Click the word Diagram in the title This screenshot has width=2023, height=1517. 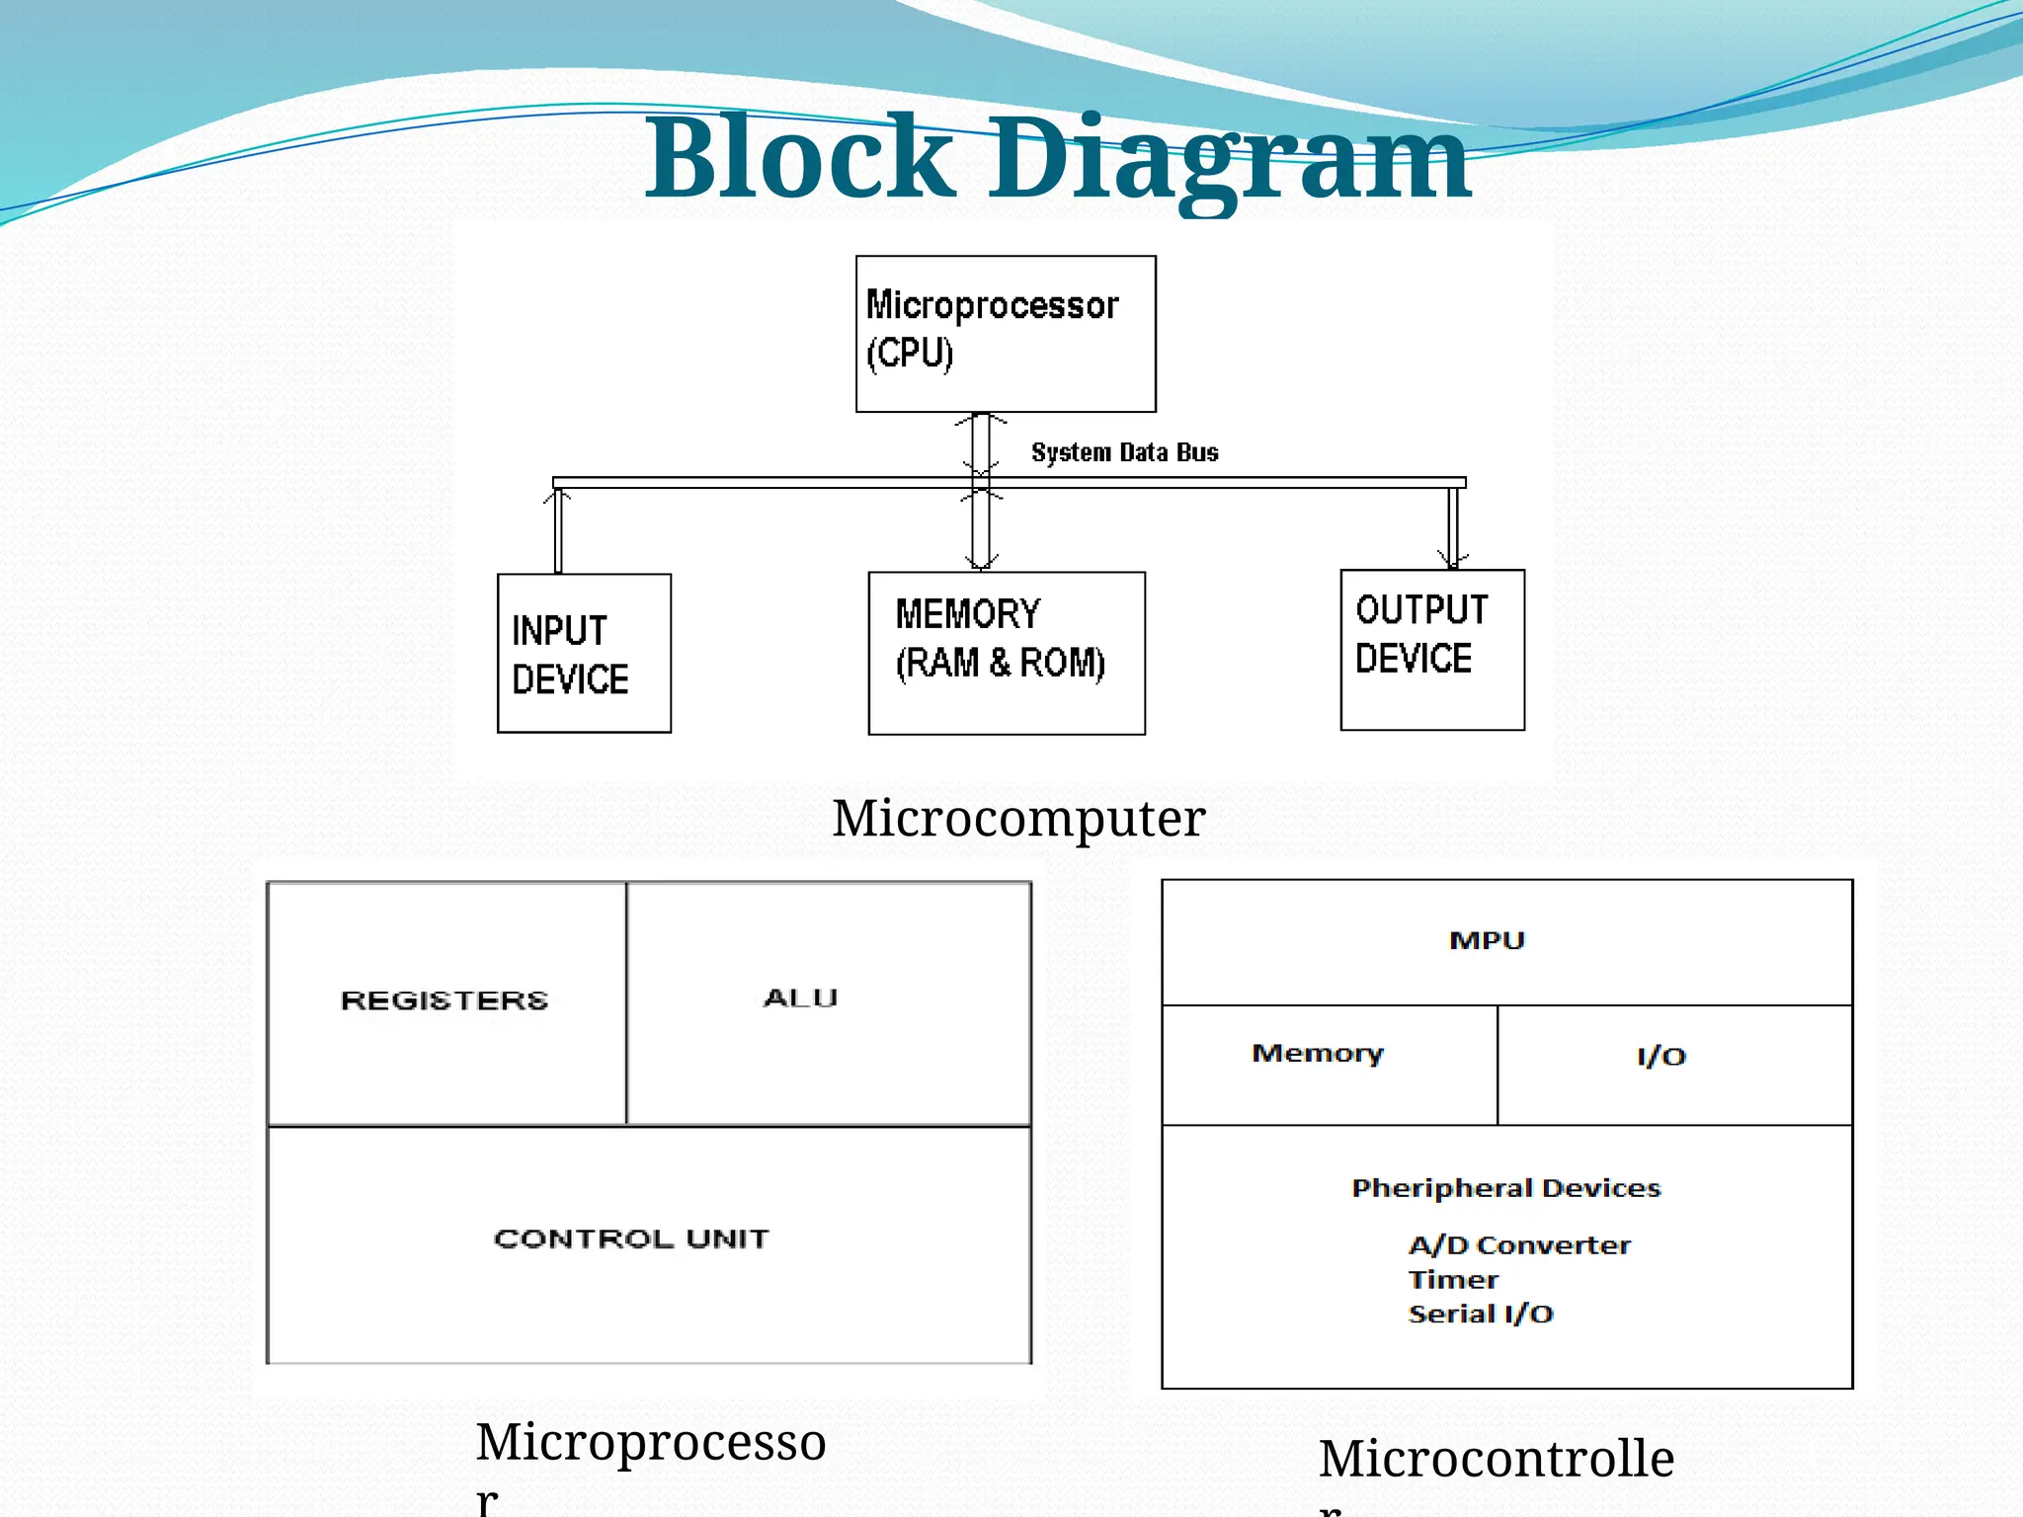click(1230, 158)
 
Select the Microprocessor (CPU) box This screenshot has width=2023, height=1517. click(1006, 334)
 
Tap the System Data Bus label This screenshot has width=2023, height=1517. click(1124, 452)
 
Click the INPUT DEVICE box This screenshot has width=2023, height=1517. click(584, 654)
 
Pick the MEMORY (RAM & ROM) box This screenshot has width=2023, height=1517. click(1007, 653)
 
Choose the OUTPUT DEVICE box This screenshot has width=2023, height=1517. click(1432, 650)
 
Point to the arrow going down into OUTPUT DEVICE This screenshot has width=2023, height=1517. click(1453, 528)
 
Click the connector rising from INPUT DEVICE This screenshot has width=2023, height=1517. click(558, 530)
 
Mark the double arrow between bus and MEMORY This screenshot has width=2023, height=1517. click(981, 528)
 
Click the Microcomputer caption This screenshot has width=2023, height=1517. click(1018, 818)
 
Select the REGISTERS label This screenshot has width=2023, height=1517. click(445, 1000)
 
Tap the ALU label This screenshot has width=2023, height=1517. click(800, 998)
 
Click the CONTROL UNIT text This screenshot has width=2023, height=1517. click(631, 1238)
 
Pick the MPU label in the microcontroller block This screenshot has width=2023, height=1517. click(1487, 940)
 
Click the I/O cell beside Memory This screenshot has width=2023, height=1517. click(1662, 1057)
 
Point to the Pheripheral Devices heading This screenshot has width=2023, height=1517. click(1505, 1188)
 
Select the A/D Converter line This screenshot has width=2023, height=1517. click(1519, 1245)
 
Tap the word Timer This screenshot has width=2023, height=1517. click(1453, 1280)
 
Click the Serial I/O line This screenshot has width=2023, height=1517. click(1481, 1314)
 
